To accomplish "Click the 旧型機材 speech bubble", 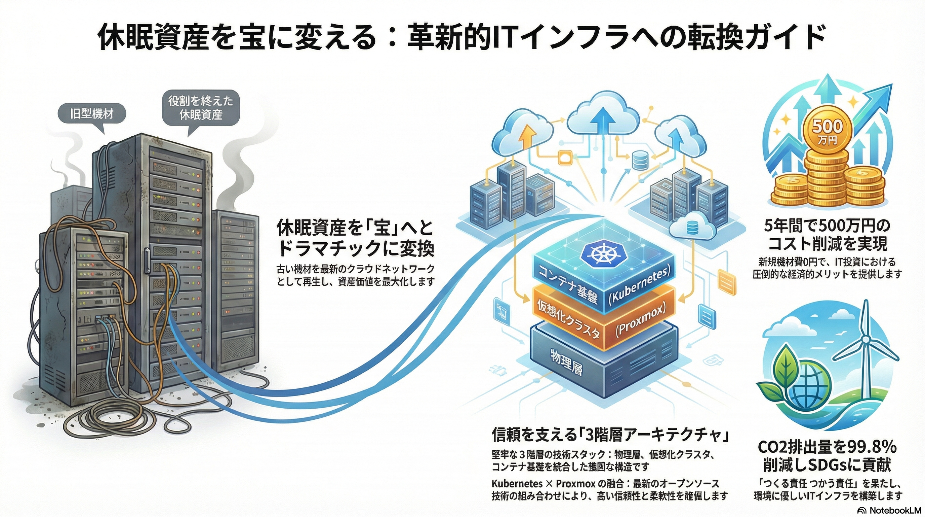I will pyautogui.click(x=91, y=114).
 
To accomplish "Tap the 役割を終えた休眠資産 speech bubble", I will pyautogui.click(x=201, y=107).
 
